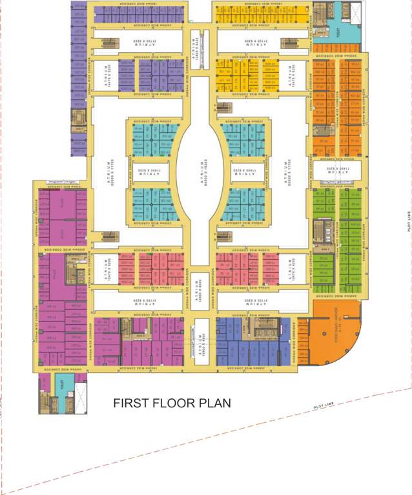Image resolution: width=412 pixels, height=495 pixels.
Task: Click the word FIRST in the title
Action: coord(131,404)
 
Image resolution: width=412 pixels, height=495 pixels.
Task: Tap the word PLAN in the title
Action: coord(214,404)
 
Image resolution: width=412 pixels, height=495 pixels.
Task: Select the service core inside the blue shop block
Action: coord(265,328)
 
